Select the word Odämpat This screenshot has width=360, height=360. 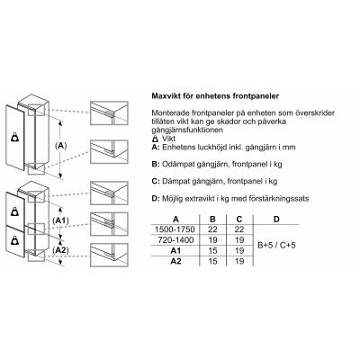(179, 166)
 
